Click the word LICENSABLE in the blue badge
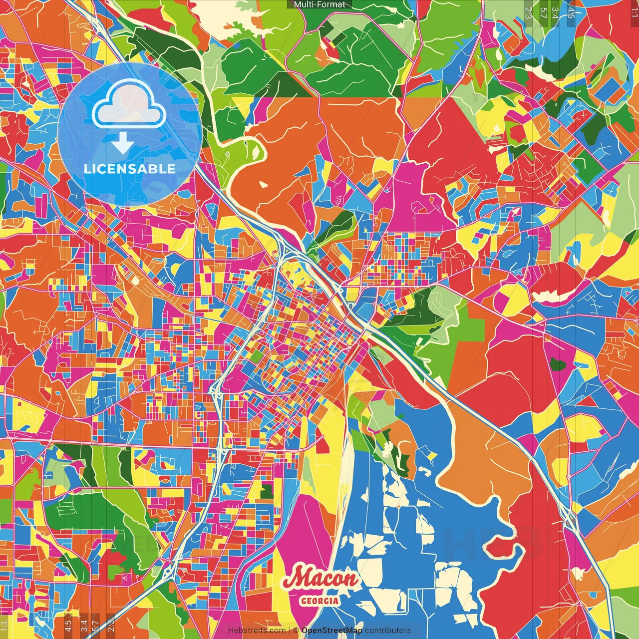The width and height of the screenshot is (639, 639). pyautogui.click(x=129, y=169)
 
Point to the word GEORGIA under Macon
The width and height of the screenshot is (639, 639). pyautogui.click(x=319, y=601)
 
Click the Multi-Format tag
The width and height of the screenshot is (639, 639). pyautogui.click(x=319, y=4)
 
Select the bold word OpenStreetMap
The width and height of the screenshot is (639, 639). pyautogui.click(x=332, y=631)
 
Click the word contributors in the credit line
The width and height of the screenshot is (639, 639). pyautogui.click(x=388, y=631)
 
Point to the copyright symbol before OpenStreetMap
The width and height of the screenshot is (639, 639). pyautogui.click(x=296, y=631)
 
